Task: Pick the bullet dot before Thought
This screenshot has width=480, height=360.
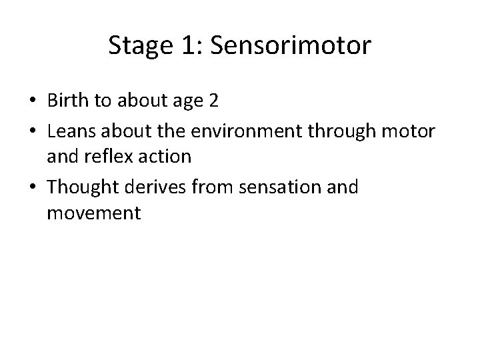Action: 32,188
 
